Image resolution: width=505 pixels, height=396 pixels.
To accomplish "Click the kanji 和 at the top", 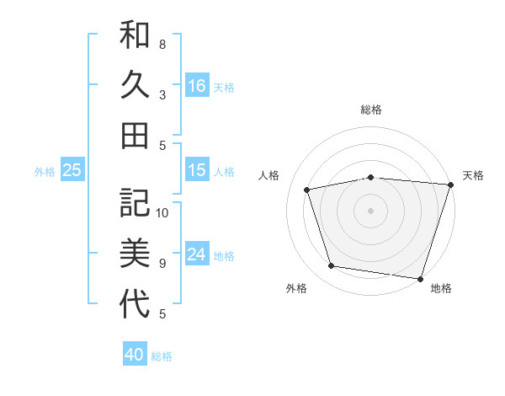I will [x=135, y=35].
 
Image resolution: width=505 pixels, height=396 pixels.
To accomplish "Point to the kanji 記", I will [x=135, y=203].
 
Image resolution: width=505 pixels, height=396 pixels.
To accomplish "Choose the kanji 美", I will [x=135, y=253].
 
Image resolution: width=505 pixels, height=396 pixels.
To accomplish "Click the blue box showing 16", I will [x=197, y=85].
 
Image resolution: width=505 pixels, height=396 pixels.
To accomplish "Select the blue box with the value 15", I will [x=197, y=170].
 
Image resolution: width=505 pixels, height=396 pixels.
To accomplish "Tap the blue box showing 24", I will [x=197, y=254].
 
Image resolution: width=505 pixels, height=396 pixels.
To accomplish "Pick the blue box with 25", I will [x=72, y=170].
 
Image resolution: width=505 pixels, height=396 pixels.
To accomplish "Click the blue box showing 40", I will [x=135, y=355].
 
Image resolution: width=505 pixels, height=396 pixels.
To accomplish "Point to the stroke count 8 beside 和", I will [x=162, y=44].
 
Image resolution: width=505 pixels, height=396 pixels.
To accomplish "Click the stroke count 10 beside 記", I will [x=162, y=213].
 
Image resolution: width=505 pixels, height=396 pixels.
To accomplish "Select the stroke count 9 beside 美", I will [x=162, y=264].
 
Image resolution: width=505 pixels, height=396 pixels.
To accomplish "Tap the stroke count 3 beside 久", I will [x=162, y=94].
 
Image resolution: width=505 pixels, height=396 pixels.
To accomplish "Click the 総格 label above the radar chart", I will [x=371, y=110].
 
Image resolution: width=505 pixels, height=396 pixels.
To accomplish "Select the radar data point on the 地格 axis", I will [x=419, y=278].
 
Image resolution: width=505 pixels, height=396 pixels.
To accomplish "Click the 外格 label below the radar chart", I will [x=296, y=289].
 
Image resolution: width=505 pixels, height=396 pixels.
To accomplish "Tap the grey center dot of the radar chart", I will [x=370, y=211].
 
